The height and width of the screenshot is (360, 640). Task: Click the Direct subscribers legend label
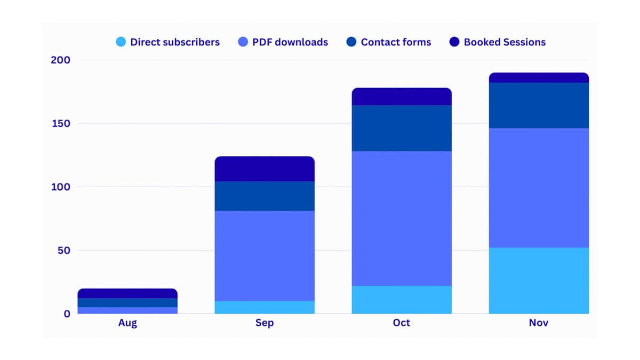point(174,42)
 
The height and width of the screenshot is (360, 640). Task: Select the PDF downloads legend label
point(290,42)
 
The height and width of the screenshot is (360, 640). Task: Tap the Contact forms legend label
point(396,42)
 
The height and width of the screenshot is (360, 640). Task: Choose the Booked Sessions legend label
point(505,42)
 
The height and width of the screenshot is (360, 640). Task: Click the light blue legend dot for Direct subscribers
point(121,42)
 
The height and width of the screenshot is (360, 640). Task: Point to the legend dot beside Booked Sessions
point(454,42)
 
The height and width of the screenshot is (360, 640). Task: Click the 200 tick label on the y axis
point(60,60)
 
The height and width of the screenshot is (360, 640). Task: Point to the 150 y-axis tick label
point(60,124)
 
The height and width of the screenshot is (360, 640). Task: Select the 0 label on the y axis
point(67,314)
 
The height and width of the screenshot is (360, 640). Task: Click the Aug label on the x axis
point(127,323)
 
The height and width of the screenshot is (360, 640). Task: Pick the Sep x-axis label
point(265,323)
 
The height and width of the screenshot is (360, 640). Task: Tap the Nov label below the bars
point(539,323)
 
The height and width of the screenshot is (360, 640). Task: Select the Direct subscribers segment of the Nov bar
point(539,281)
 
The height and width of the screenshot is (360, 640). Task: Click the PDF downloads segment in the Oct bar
point(402,218)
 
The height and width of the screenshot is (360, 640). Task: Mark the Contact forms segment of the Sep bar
point(265,196)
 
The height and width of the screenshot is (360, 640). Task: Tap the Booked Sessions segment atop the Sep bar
point(265,169)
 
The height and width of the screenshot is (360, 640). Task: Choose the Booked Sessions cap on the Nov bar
point(539,78)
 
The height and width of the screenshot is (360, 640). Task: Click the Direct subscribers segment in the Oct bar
point(402,300)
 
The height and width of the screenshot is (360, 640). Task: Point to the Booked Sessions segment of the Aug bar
point(127,293)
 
